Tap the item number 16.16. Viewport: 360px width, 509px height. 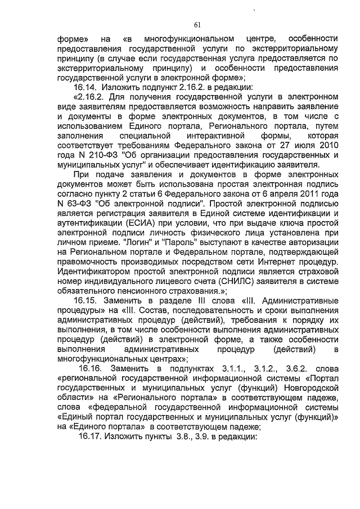(91, 368)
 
